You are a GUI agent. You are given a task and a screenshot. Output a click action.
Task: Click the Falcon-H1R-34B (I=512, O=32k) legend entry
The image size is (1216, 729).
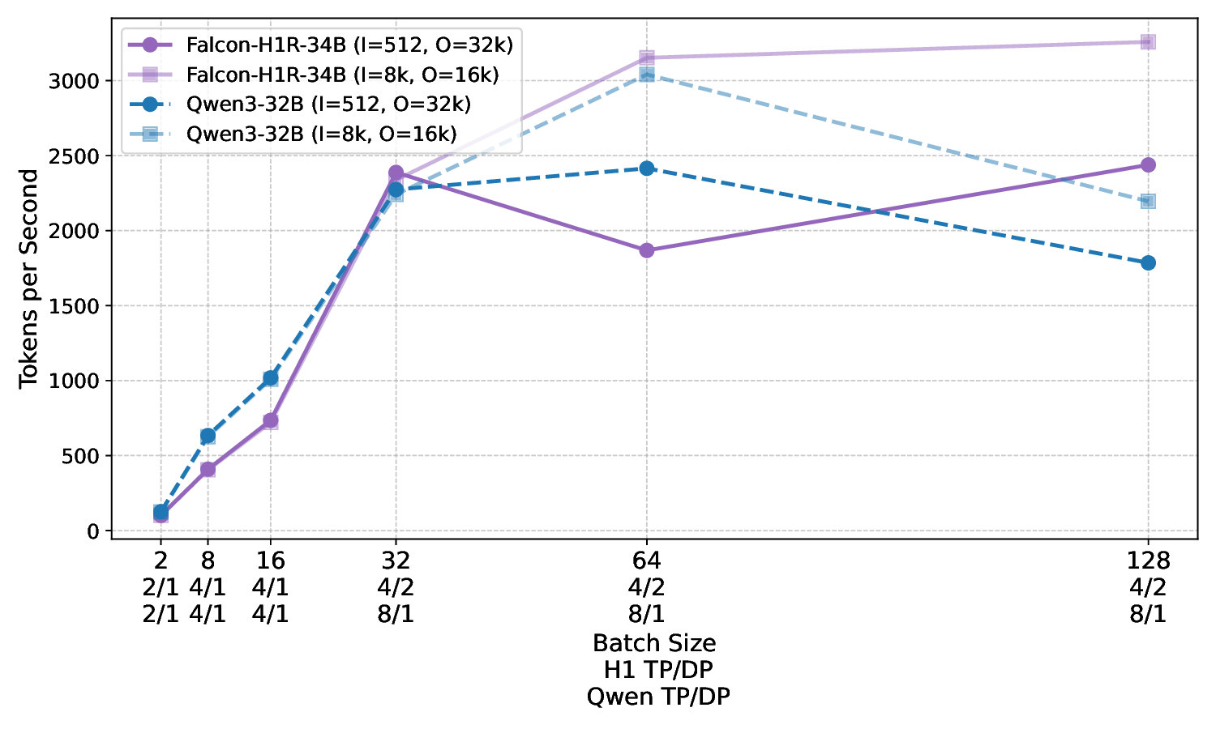tap(349, 45)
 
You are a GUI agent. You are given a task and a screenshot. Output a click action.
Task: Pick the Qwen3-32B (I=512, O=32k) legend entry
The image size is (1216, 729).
tap(328, 104)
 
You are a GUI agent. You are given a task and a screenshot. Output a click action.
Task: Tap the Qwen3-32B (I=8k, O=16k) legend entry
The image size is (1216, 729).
tap(321, 134)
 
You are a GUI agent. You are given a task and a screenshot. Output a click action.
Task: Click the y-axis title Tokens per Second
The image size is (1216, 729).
tap(29, 279)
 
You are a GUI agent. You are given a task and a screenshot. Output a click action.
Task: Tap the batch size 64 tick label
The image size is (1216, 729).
tap(646, 561)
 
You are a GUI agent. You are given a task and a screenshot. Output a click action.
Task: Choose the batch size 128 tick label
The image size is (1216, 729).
tap(1148, 561)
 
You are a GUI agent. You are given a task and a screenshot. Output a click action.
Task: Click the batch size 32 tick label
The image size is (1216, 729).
tap(396, 561)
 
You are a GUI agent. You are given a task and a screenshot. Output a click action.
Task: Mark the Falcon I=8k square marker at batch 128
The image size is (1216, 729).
tap(1148, 42)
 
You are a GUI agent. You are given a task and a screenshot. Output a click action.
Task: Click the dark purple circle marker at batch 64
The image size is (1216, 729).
tap(646, 250)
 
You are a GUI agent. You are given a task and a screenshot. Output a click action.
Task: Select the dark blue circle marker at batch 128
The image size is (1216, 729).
tap(1148, 262)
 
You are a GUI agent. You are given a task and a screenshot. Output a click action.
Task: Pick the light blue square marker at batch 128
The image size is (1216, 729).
tap(1148, 201)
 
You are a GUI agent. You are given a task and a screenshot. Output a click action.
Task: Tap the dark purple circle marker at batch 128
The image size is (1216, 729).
tap(1148, 165)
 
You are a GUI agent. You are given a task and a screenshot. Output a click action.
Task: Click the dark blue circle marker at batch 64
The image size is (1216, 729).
tap(646, 168)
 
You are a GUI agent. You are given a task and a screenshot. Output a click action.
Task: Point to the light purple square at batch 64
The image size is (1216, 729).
tap(646, 58)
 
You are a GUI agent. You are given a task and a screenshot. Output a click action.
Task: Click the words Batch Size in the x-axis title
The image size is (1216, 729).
tap(654, 643)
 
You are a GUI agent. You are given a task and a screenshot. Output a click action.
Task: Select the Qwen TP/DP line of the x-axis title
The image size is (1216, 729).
tap(658, 697)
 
